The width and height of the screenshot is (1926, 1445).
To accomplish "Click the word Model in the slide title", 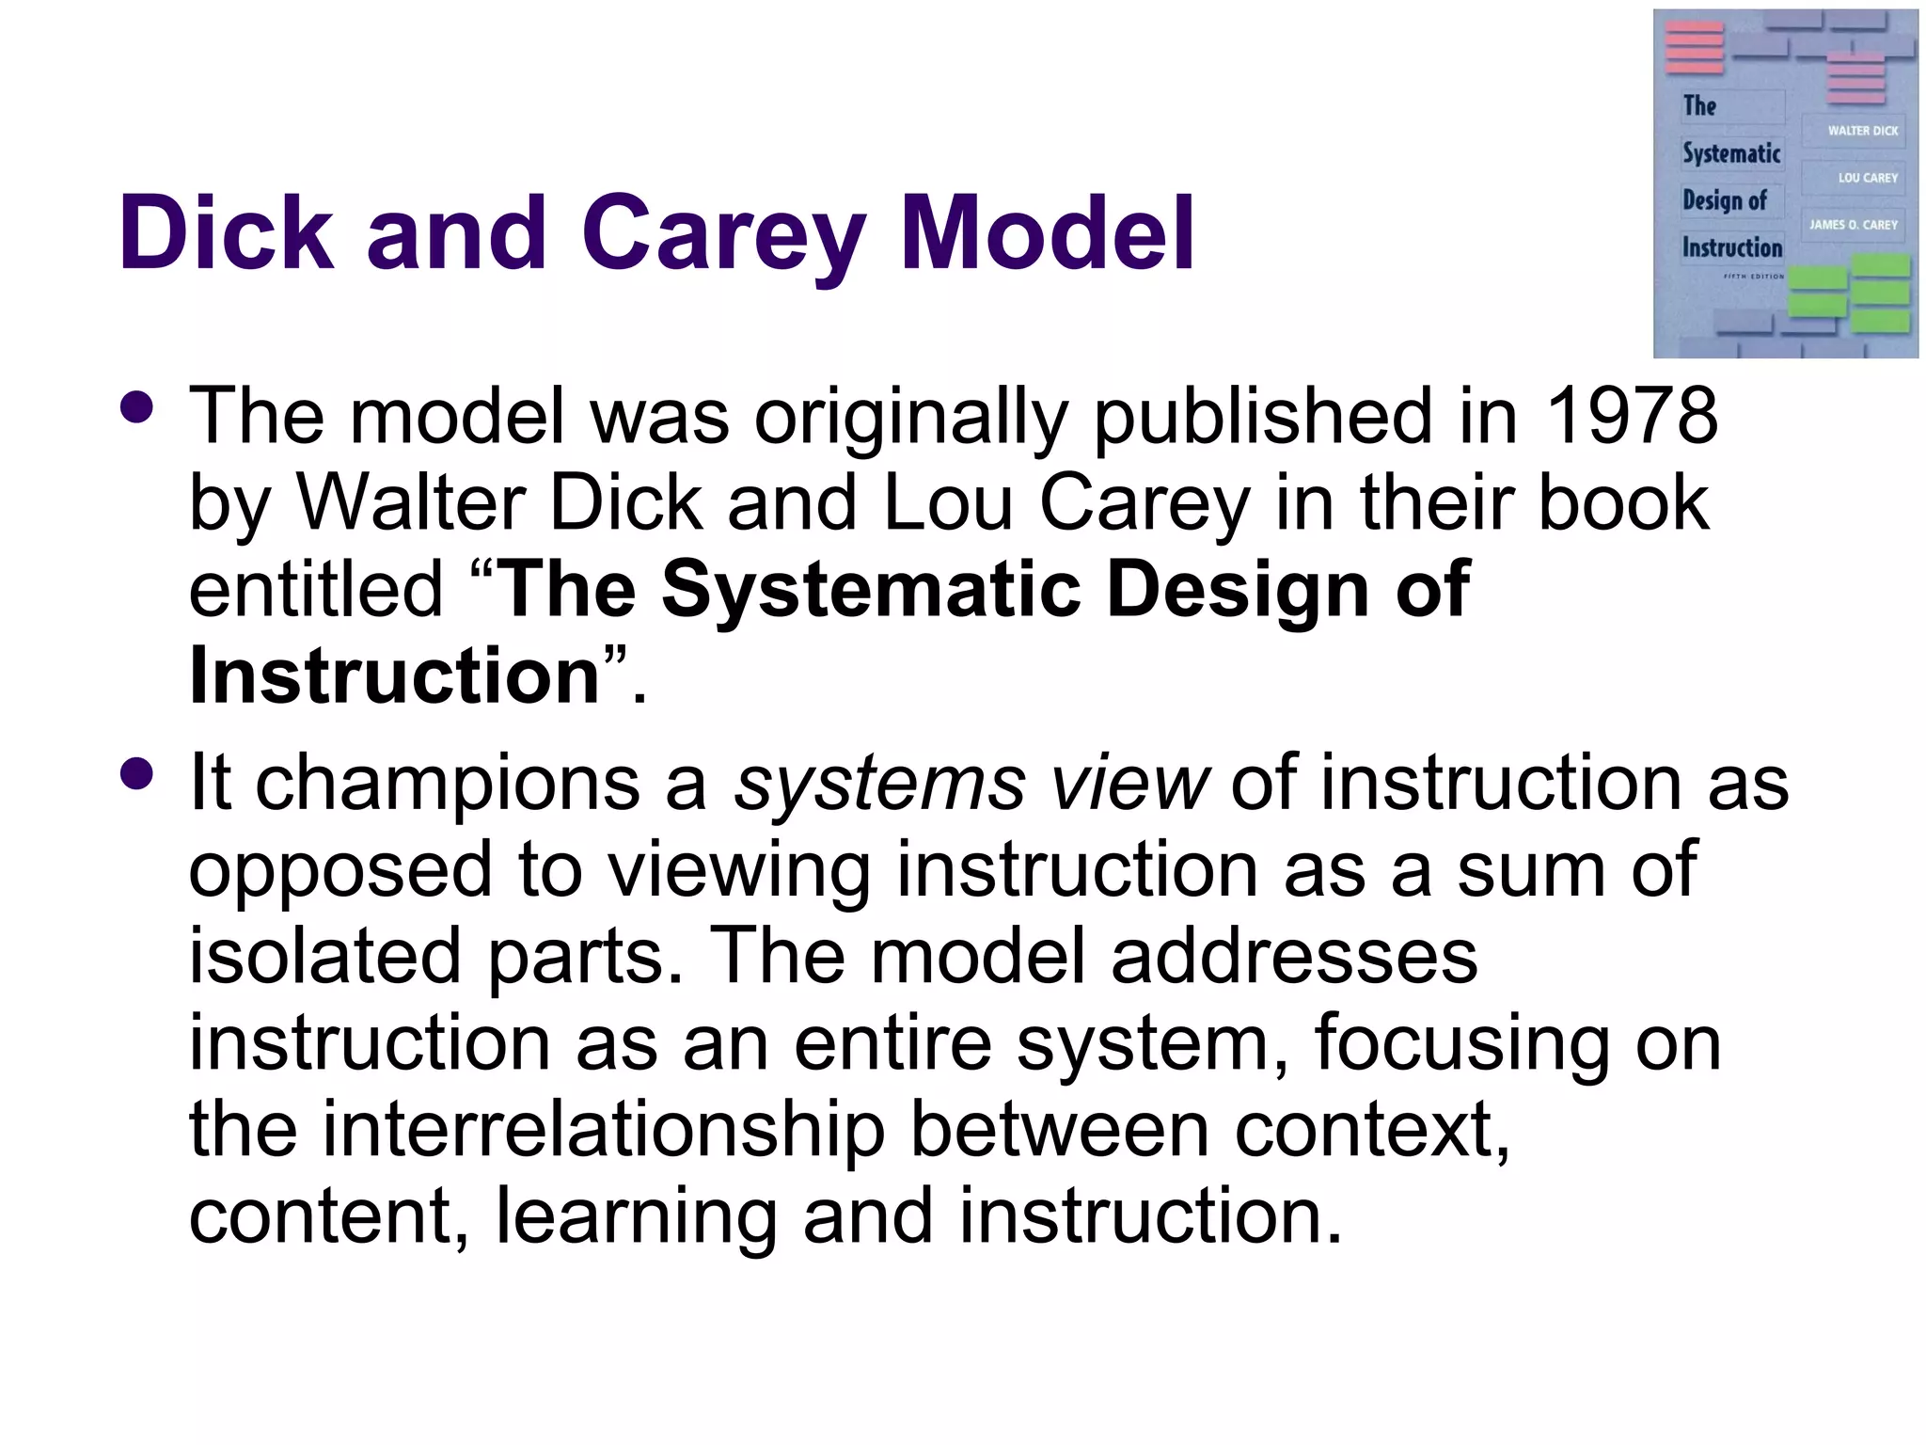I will pos(1047,232).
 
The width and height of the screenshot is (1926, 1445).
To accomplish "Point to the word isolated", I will pos(325,956).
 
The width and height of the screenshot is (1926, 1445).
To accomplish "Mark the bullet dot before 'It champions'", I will pos(137,773).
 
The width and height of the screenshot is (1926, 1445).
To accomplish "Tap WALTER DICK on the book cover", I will pos(1862,131).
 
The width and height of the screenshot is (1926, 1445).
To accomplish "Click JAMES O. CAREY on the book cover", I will pos(1853,225).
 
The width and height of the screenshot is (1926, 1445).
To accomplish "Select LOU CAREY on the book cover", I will pos(1868,178).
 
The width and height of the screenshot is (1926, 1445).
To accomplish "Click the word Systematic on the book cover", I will pos(1731,153).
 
